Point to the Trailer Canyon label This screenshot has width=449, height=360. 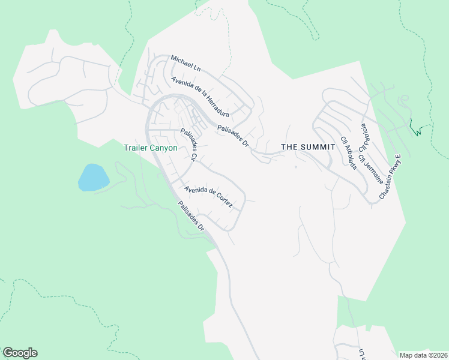tap(151, 148)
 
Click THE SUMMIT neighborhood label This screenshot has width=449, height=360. tap(307, 147)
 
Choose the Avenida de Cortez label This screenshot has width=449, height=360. tap(208, 197)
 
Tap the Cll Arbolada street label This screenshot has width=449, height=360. tap(349, 153)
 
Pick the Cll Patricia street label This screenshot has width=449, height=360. tap(364, 138)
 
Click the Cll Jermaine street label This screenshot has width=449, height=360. tap(371, 169)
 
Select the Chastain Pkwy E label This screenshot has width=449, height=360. tap(390, 177)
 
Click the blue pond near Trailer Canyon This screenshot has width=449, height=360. tap(93, 178)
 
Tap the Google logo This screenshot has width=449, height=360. tap(20, 353)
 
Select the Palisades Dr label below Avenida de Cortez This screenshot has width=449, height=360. tap(191, 216)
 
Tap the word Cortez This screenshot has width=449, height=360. tap(222, 202)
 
